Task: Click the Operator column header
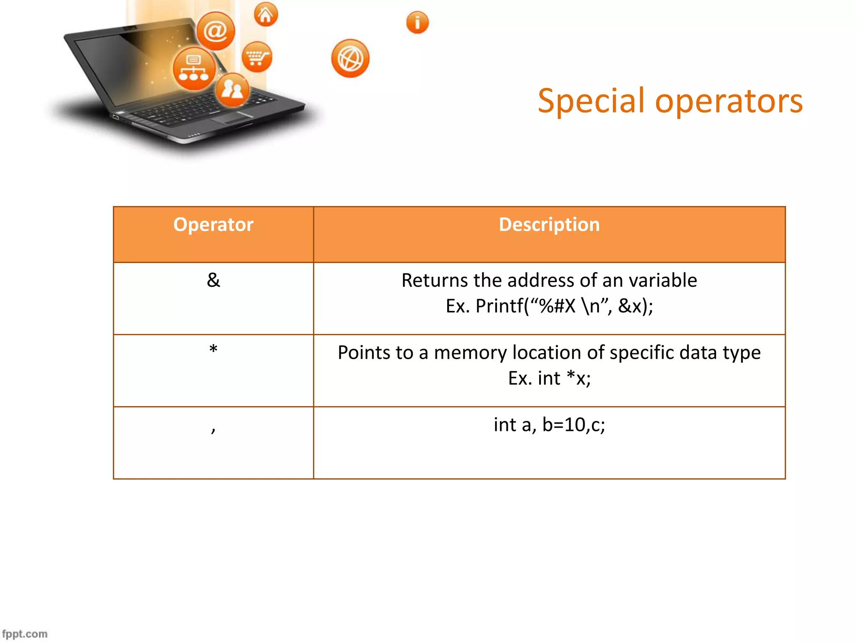point(213,225)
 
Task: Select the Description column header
point(549,225)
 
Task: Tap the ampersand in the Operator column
point(213,280)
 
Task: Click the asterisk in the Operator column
point(213,349)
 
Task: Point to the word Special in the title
point(591,102)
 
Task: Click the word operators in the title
point(729,102)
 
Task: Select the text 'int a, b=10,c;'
point(549,425)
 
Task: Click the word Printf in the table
point(499,306)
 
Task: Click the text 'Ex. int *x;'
point(549,379)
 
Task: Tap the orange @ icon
point(216,31)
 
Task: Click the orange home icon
point(265,15)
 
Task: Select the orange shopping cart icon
point(257,57)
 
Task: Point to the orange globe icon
point(350,59)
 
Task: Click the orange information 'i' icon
point(417,22)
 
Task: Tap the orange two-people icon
point(232,89)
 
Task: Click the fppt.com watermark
point(25,634)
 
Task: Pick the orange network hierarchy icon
point(194,69)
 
